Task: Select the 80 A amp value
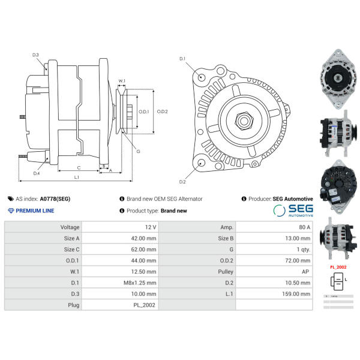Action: pyautogui.click(x=303, y=227)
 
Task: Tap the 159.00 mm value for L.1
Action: pyautogui.click(x=298, y=294)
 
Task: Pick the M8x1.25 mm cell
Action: pyautogui.click(x=143, y=283)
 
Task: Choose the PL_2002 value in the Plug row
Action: pyautogui.click(x=145, y=305)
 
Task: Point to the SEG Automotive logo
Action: pyautogui.click(x=293, y=210)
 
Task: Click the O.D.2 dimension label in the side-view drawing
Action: pyautogui.click(x=162, y=111)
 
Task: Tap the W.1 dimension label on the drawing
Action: pyautogui.click(x=122, y=80)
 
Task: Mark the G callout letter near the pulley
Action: pyautogui.click(x=138, y=151)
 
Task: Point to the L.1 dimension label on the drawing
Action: pyautogui.click(x=76, y=177)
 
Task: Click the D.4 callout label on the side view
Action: pyautogui.click(x=37, y=173)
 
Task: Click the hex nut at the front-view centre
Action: pyautogui.click(x=244, y=119)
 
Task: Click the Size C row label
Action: pyautogui.click(x=71, y=250)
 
